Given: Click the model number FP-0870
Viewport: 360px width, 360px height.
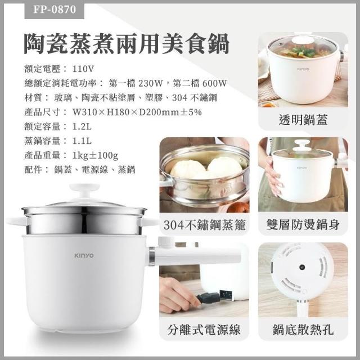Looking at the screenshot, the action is (x=55, y=10).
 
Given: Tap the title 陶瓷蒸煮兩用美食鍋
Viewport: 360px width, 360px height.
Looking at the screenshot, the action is (x=127, y=44).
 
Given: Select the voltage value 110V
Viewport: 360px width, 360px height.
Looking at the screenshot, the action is (x=83, y=69).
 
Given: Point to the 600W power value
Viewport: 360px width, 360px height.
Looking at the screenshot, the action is (x=214, y=83).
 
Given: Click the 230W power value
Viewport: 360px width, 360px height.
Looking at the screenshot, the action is (x=151, y=83).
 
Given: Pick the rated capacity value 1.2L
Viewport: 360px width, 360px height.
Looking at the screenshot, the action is (x=82, y=127).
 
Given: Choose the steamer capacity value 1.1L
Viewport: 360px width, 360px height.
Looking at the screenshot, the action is (x=82, y=141).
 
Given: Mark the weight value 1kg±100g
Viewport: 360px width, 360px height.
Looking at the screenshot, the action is (x=95, y=155).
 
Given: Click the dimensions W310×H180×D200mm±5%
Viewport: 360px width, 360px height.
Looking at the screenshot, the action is (x=137, y=112).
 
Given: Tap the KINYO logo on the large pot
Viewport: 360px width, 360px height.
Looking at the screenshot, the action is (x=84, y=255).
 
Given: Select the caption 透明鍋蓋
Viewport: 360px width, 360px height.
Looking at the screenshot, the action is (x=303, y=120).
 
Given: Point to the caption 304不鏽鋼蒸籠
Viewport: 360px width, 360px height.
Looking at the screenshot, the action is (x=204, y=224).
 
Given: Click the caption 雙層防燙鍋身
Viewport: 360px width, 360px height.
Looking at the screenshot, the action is (x=303, y=224).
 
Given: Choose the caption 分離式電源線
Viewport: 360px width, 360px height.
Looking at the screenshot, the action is (x=204, y=330).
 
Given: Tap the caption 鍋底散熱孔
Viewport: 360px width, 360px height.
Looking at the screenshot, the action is (x=303, y=330).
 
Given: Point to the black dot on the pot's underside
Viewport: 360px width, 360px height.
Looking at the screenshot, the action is (x=302, y=267).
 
